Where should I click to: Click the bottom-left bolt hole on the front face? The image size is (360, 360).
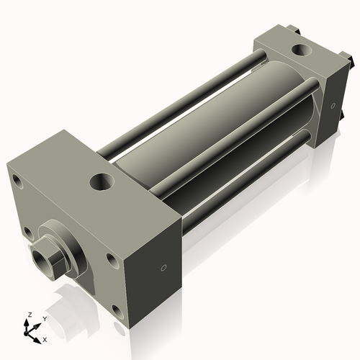pyautogui.click(x=27, y=232)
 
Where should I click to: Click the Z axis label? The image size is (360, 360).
pyautogui.click(x=29, y=315)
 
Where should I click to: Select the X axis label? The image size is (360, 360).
pyautogui.click(x=45, y=338)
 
